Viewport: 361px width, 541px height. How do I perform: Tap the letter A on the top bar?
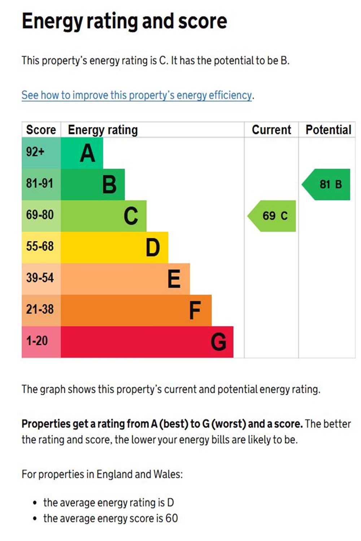pos(87,153)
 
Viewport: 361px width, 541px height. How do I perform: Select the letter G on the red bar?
pos(218,342)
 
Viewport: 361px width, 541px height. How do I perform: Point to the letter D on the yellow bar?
pos(153,247)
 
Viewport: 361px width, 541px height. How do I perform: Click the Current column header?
pos(271,130)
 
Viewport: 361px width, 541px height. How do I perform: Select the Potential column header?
pos(328,130)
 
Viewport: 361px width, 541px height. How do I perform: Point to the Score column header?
pos(41,130)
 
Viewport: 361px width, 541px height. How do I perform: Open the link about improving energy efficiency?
pos(136,95)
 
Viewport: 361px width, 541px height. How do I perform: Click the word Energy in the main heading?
pos(52,22)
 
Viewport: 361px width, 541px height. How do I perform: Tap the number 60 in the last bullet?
pos(171,518)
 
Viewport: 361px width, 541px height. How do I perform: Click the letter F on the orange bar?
pos(195,311)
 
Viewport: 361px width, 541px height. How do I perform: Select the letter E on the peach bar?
pos(174,279)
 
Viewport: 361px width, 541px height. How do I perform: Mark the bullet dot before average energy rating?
pos(35,503)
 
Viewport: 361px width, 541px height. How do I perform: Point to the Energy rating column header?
pos(103,130)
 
